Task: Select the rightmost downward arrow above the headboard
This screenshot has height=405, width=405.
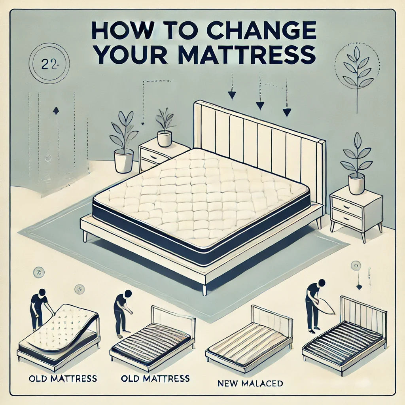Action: point(286,112)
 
